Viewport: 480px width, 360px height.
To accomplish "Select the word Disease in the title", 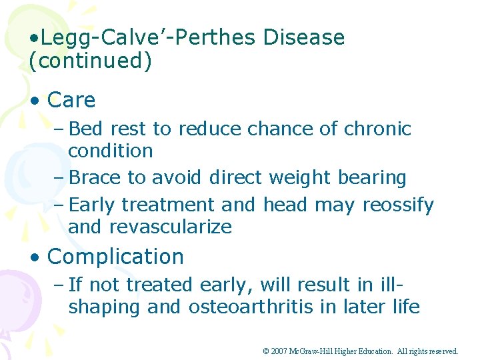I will click(x=304, y=38).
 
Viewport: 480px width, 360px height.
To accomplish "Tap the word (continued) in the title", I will click(x=91, y=61).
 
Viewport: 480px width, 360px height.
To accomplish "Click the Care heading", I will click(x=71, y=101).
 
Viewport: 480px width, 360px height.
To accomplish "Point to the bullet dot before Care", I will click(x=35, y=101).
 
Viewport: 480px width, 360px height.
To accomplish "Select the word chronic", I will click(x=378, y=129).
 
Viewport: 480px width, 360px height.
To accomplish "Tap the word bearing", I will click(x=374, y=178).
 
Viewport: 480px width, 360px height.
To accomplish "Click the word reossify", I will click(x=398, y=205).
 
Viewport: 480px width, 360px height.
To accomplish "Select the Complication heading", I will click(x=116, y=257).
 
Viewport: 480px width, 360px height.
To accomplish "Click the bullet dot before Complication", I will click(x=35, y=257).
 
